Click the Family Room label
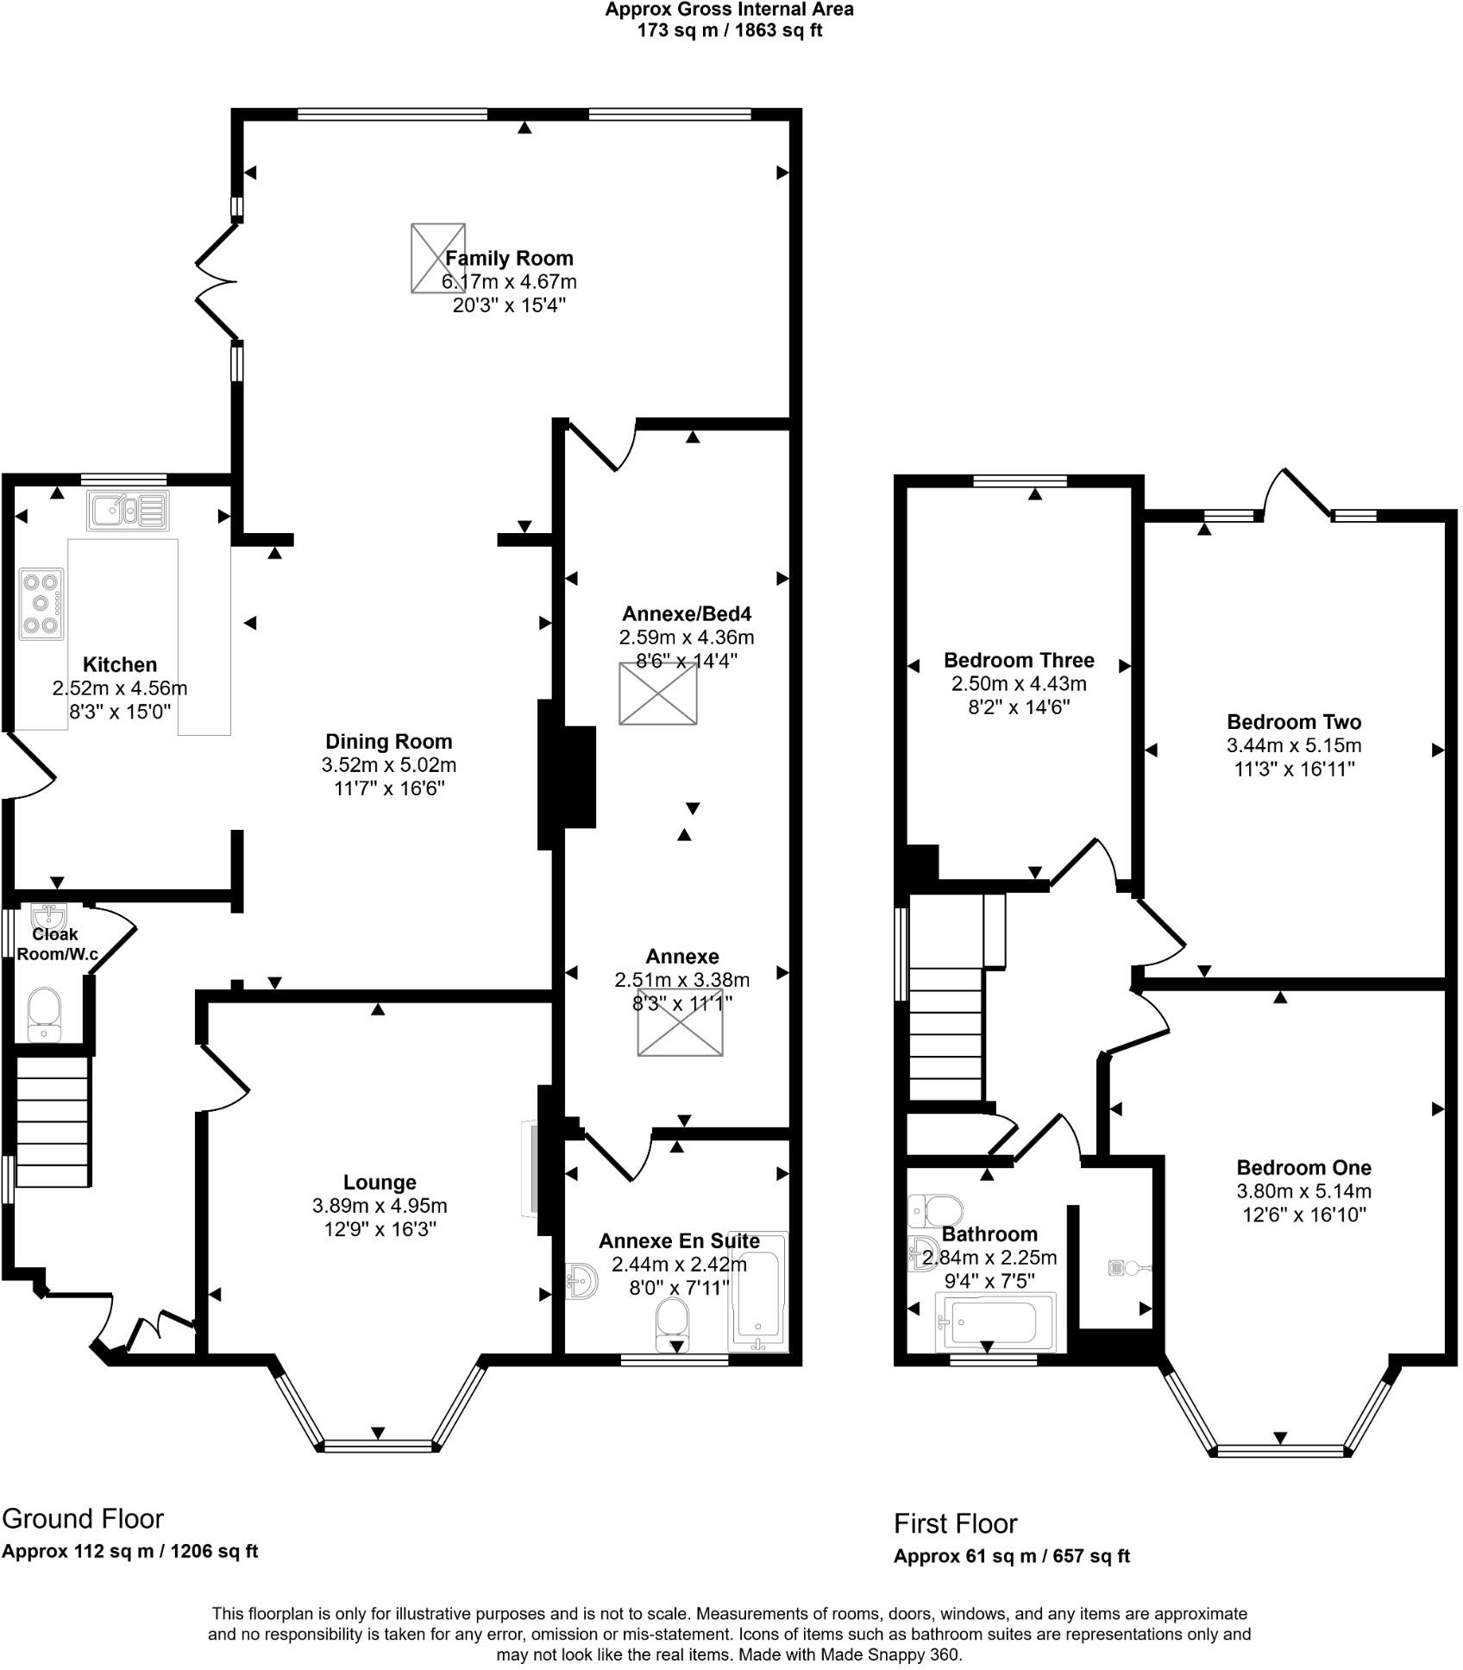509,258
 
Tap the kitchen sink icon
128,510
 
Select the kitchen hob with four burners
41,603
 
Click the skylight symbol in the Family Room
437,258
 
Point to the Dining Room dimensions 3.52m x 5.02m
389,765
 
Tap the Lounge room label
380,1183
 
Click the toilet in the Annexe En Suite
672,1324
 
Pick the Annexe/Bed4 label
687,614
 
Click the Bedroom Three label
1019,661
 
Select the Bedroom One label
1303,1168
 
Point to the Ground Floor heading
83,1518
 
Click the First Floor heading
955,1523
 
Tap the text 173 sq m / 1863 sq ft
729,31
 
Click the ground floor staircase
53,1121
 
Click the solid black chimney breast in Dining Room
567,775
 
